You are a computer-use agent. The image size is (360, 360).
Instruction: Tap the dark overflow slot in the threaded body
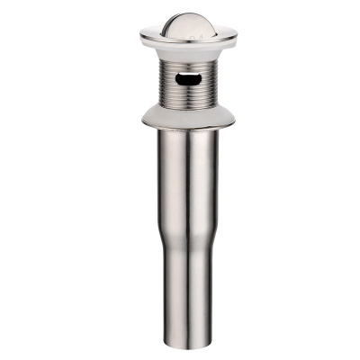[x=185, y=78]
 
